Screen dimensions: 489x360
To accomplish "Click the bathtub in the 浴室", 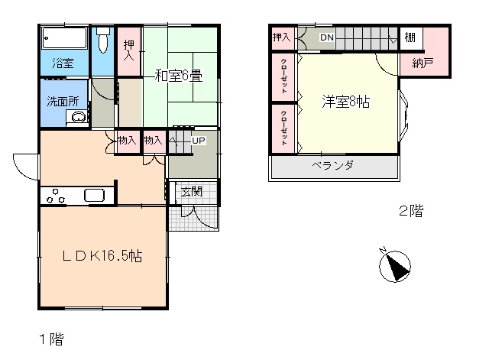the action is coord(64,38).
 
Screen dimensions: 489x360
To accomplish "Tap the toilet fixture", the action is coord(102,40).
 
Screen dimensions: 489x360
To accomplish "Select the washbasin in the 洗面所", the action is coord(78,118).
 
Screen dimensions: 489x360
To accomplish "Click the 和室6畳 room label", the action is coord(179,76).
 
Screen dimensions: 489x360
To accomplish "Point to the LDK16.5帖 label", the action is coord(102,256).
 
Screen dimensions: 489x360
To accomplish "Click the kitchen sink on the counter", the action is coord(94,195).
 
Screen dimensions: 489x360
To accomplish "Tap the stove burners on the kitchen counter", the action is coord(56,196).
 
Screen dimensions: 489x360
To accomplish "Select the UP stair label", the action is coord(199,141).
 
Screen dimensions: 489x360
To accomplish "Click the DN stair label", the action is coord(327,37).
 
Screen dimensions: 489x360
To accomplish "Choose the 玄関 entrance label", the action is coord(191,192).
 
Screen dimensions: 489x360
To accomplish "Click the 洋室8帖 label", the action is coord(346,102).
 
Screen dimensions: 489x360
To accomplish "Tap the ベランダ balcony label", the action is coord(333,165).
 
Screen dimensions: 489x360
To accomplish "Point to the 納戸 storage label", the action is coord(423,63).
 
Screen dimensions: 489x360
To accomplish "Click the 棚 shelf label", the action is coord(410,37).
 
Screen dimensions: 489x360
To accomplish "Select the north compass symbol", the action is coord(394,265).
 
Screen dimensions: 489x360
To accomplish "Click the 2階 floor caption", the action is coord(411,211).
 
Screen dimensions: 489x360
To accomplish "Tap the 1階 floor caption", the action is coord(51,339).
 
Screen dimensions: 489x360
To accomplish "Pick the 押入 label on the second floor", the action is coord(282,37).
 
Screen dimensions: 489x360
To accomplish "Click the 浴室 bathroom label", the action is coord(63,63).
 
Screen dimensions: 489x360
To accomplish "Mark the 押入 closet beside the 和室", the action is coord(129,51).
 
